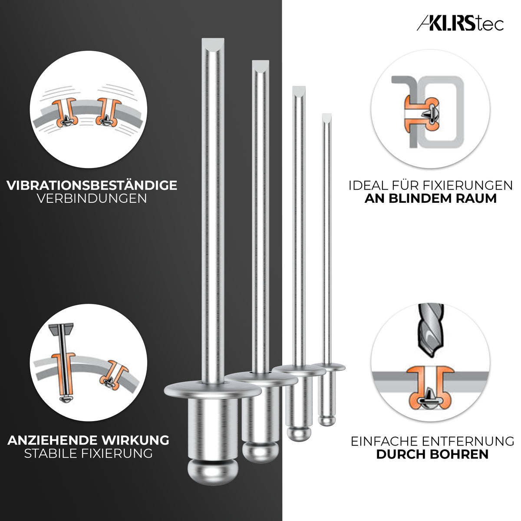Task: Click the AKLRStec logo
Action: click(460, 24)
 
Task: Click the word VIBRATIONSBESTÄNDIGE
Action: click(92, 185)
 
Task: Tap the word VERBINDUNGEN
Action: click(92, 199)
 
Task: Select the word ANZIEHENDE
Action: click(49, 440)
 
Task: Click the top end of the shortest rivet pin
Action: click(327, 117)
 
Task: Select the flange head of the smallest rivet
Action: click(327, 367)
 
